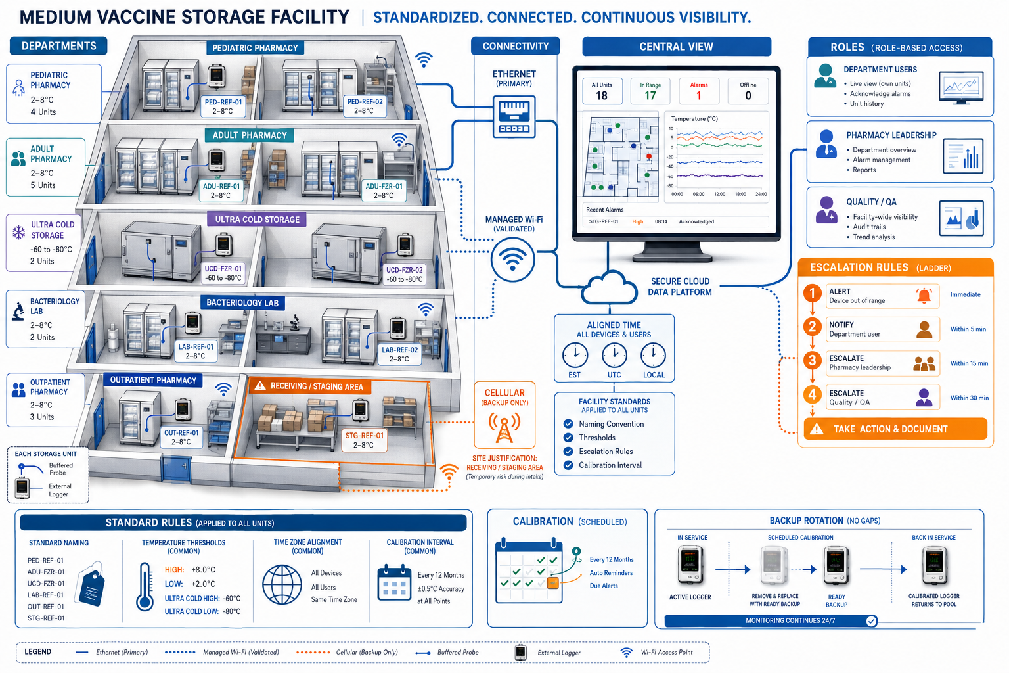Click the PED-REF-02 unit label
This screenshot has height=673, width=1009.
(x=365, y=106)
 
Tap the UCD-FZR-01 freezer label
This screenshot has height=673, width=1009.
(x=223, y=273)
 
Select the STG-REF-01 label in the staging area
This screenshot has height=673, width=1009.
(x=364, y=440)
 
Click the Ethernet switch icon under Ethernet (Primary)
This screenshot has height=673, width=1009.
(x=514, y=116)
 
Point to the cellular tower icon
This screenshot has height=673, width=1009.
(x=504, y=427)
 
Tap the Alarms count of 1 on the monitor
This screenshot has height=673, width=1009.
(x=699, y=95)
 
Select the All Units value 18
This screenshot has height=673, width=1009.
(x=601, y=95)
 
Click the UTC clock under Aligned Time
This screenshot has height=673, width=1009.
(x=614, y=355)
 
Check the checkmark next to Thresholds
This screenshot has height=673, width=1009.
(x=568, y=437)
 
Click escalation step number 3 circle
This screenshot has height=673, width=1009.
(x=812, y=360)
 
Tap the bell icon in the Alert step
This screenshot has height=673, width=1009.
(x=924, y=296)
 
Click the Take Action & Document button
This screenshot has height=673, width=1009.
(x=895, y=429)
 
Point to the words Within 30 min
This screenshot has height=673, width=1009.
(x=970, y=398)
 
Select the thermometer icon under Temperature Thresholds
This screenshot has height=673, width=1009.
(x=145, y=586)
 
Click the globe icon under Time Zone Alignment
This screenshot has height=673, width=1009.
(x=282, y=585)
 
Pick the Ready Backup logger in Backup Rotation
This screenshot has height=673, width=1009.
(x=836, y=566)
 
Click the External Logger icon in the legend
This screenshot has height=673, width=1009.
(x=521, y=652)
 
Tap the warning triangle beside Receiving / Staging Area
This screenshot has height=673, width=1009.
(x=260, y=386)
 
